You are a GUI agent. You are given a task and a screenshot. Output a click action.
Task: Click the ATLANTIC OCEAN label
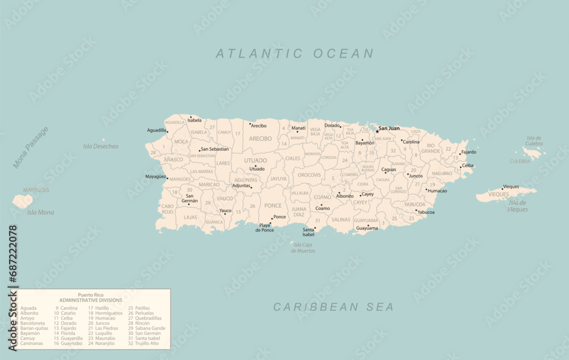[x=294, y=54]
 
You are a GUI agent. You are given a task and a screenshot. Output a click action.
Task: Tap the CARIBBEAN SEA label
[x=333, y=307]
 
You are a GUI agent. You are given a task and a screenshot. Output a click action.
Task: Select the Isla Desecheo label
[x=101, y=147]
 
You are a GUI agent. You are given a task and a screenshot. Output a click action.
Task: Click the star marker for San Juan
[x=377, y=131]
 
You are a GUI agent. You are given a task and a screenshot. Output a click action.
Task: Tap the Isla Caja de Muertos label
[x=303, y=247]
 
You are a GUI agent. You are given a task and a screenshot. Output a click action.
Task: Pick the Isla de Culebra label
[x=534, y=140]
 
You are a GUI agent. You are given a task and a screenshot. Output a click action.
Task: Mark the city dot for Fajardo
[x=460, y=154]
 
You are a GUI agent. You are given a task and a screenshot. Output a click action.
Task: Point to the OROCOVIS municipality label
[x=310, y=175]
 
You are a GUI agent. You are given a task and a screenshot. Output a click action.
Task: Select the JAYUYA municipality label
[x=278, y=179]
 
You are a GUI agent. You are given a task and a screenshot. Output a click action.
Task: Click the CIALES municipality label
[x=292, y=159]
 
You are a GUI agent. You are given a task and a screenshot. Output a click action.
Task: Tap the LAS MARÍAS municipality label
[x=201, y=171]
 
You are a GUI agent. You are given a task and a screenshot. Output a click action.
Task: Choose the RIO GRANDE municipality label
[x=431, y=148]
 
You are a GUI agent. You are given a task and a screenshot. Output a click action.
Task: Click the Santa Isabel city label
[x=308, y=232]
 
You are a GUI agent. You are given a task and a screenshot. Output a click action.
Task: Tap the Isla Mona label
[x=40, y=212]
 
